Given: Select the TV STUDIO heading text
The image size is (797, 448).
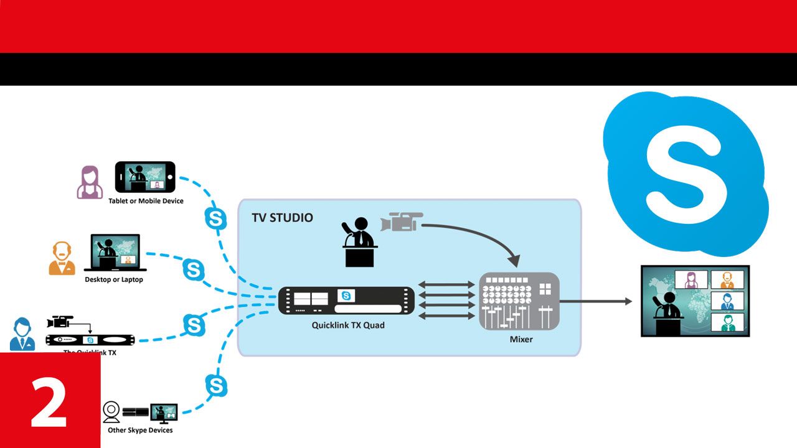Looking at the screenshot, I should click(282, 218).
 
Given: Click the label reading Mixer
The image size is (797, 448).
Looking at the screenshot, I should click(521, 340).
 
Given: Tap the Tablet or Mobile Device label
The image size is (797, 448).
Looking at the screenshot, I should click(146, 201).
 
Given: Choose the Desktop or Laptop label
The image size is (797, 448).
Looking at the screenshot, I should click(114, 280).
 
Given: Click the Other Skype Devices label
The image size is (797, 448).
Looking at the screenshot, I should click(140, 430).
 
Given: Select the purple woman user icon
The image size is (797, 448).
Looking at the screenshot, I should click(90, 182).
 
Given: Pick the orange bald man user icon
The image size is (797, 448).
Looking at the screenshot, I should click(62, 258).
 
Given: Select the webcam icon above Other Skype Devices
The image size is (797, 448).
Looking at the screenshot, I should click(111, 411).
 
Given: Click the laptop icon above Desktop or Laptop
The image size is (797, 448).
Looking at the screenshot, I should click(116, 253).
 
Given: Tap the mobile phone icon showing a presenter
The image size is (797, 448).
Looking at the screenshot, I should click(145, 177).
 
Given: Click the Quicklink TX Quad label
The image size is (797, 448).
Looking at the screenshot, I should click(348, 325).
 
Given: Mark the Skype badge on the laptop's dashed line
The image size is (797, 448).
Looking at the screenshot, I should click(194, 269).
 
